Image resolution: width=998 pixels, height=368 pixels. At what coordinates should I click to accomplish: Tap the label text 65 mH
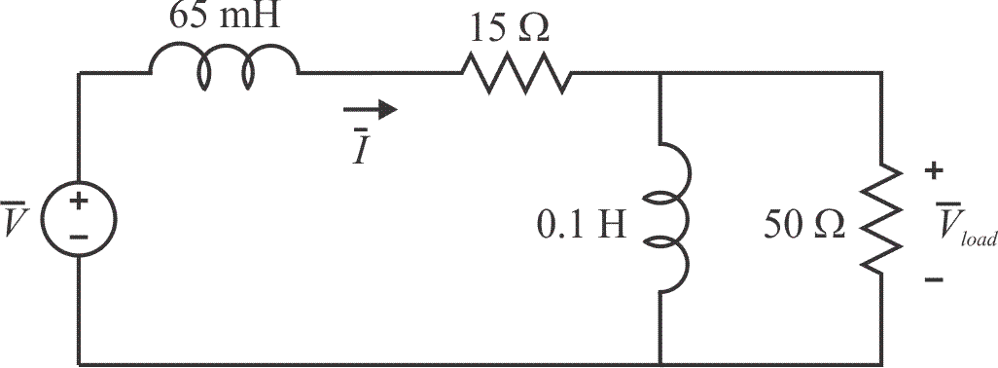[225, 18]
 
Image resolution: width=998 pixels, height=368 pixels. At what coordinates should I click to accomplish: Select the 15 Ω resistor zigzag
[516, 72]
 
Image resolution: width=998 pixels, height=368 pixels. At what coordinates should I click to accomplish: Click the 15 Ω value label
[509, 26]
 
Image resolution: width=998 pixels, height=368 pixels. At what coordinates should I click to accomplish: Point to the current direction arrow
[374, 109]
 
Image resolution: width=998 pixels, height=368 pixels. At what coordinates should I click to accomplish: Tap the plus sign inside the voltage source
[78, 205]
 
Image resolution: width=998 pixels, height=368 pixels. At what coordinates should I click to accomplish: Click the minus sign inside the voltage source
[78, 237]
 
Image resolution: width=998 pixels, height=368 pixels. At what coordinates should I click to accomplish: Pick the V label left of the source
[14, 222]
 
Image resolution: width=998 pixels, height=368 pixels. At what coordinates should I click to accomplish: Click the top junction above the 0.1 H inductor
[661, 73]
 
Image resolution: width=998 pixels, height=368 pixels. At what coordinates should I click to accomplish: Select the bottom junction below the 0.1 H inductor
[661, 363]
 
